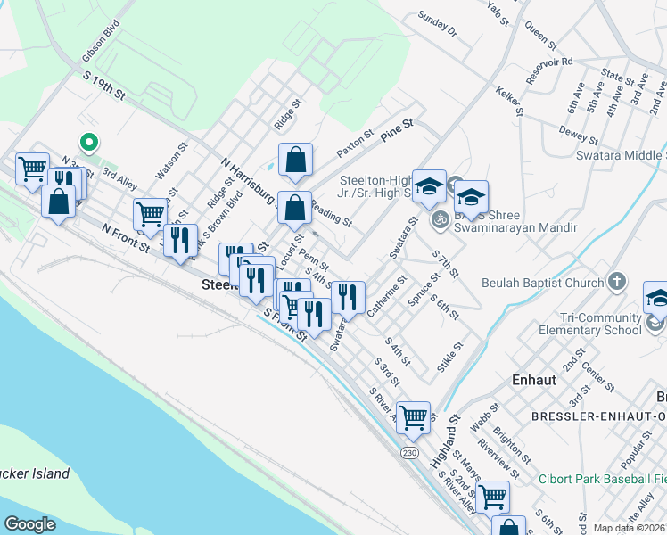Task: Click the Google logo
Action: tap(29, 524)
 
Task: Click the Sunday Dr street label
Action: tap(437, 25)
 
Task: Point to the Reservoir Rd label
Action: tap(548, 70)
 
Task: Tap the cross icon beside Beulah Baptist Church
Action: tap(617, 284)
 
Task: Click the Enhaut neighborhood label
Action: tap(534, 379)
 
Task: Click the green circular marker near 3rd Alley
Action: tap(88, 142)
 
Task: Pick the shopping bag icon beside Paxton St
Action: tap(295, 160)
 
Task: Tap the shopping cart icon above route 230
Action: tap(413, 416)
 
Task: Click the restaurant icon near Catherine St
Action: tap(348, 296)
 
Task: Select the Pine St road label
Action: tap(397, 127)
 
